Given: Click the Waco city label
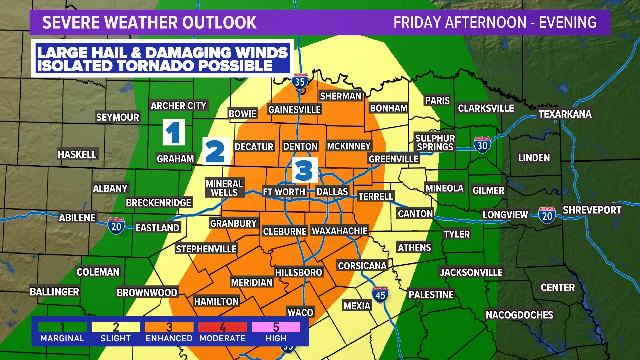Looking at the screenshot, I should click(x=300, y=312).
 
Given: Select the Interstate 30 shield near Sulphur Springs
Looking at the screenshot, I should click(x=482, y=145).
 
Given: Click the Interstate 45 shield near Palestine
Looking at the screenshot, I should click(x=380, y=295).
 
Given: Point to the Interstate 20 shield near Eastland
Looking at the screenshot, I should click(x=116, y=226).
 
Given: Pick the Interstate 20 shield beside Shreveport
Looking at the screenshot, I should click(x=547, y=216).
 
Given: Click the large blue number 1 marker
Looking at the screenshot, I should click(x=174, y=132).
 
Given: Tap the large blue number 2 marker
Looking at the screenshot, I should click(x=216, y=151).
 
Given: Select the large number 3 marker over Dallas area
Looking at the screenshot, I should click(x=305, y=170).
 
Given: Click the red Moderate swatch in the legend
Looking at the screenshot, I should click(x=222, y=327).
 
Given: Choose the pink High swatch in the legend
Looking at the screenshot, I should click(x=276, y=327).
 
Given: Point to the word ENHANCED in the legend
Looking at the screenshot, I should click(x=169, y=338).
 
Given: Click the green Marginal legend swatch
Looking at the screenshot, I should click(x=62, y=327).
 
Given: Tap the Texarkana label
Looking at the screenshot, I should click(x=565, y=114).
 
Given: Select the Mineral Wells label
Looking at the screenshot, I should click(x=224, y=188).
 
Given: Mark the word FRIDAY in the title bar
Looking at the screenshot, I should click(x=417, y=23).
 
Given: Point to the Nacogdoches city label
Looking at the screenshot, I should click(x=519, y=315).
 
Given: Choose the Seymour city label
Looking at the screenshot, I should click(x=117, y=117).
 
